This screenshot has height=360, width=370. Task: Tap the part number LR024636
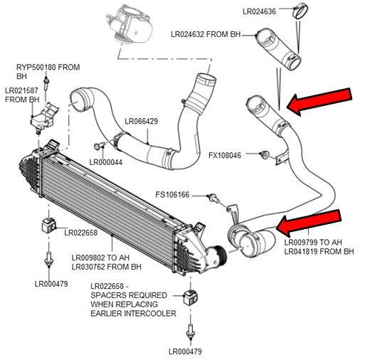tap(263, 11)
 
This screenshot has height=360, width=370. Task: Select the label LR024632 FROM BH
tap(211, 33)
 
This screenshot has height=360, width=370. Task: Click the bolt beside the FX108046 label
tap(264, 154)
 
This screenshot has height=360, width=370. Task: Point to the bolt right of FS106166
tap(211, 196)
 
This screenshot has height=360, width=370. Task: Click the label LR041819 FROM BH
tap(318, 251)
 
